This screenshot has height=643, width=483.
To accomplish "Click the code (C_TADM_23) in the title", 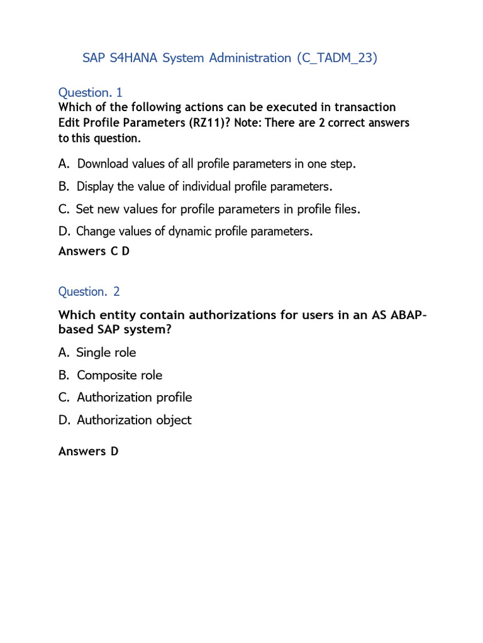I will (x=337, y=58).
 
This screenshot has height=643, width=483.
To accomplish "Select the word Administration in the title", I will (x=250, y=58).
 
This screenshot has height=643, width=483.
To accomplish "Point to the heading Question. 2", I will (x=89, y=291).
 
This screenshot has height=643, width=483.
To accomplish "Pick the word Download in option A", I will (x=104, y=164).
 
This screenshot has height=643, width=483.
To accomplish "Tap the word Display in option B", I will (x=97, y=186).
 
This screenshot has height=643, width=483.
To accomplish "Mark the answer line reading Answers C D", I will (x=94, y=251).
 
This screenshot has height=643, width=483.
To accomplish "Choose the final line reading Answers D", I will (x=88, y=451).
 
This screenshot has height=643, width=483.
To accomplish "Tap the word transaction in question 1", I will (x=362, y=107).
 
